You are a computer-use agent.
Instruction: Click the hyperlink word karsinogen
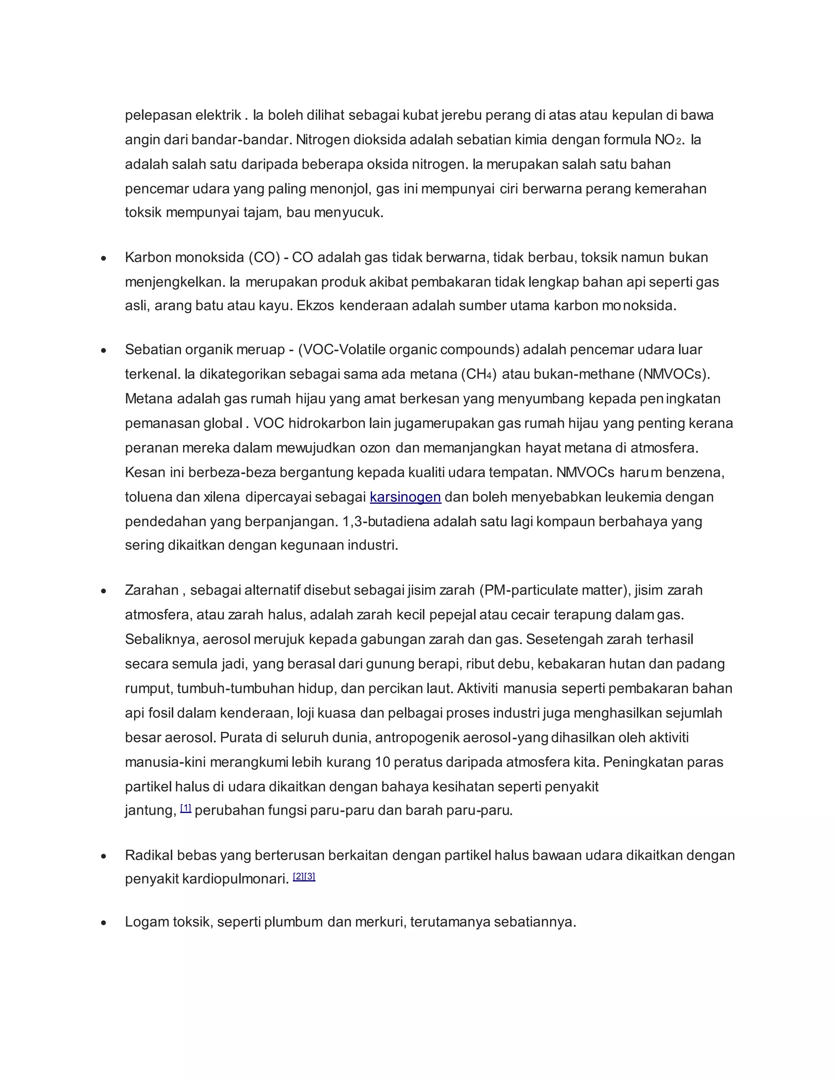point(405,497)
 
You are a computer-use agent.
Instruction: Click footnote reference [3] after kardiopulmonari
point(310,877)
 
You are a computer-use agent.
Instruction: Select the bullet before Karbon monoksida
point(104,258)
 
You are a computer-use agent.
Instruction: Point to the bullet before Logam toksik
point(104,923)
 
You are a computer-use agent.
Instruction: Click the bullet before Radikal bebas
point(104,856)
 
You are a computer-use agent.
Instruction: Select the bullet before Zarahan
point(104,591)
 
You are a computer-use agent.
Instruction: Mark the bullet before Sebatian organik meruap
point(104,350)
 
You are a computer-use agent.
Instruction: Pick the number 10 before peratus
point(382,762)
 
